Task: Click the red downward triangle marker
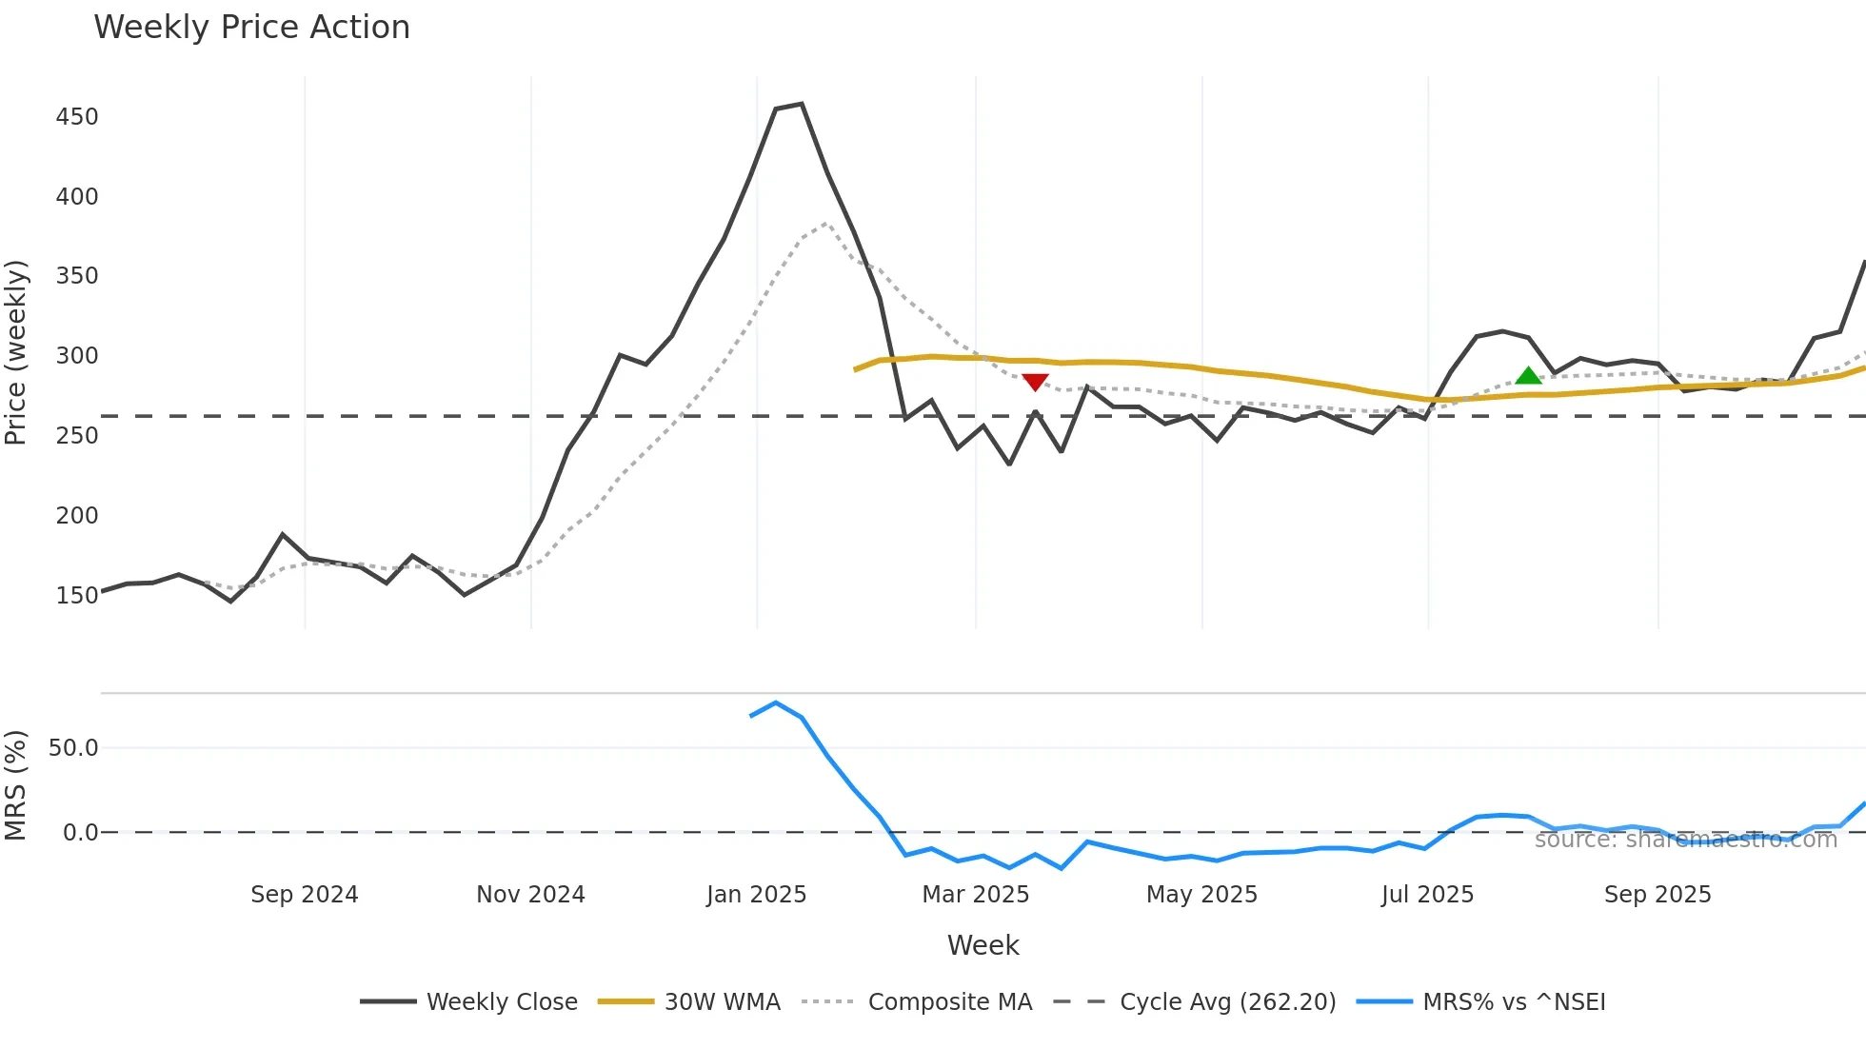pyautogui.click(x=1035, y=382)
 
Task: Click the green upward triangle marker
pyautogui.click(x=1528, y=376)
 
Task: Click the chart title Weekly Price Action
pyautogui.click(x=251, y=27)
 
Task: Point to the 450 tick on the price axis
pyautogui.click(x=77, y=117)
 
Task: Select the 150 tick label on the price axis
pyautogui.click(x=77, y=596)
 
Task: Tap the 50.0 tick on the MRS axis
pyautogui.click(x=73, y=748)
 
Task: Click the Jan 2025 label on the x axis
pyautogui.click(x=756, y=895)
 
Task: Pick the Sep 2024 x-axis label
pyautogui.click(x=304, y=895)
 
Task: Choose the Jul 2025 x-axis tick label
pyautogui.click(x=1427, y=895)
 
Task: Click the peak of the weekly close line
pyautogui.click(x=802, y=104)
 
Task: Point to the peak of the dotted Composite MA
pyautogui.click(x=825, y=225)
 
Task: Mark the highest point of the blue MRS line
pyautogui.click(x=776, y=703)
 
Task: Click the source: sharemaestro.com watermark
pyautogui.click(x=1685, y=840)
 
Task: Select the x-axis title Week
pyautogui.click(x=983, y=945)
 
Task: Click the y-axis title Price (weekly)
pyautogui.click(x=16, y=352)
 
